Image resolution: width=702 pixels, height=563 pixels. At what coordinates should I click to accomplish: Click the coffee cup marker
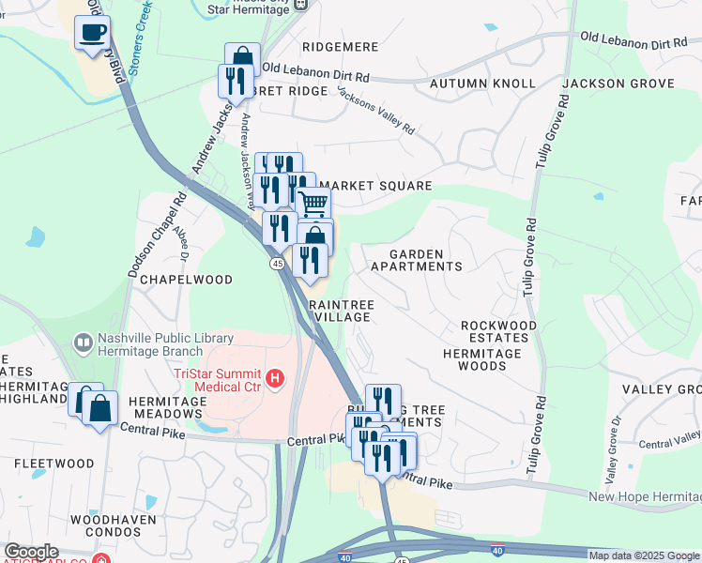click(x=92, y=34)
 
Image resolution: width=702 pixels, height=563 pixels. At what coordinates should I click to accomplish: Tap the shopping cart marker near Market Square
click(x=313, y=203)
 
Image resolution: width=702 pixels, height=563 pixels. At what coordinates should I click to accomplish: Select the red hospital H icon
click(x=275, y=379)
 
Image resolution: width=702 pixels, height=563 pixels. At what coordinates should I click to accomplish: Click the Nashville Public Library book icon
click(x=84, y=343)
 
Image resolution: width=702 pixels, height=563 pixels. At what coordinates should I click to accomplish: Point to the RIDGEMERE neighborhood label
click(x=340, y=46)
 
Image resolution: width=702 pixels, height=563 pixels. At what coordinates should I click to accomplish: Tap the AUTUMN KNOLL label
click(x=482, y=84)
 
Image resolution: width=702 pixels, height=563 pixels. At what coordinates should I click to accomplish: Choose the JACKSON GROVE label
click(x=618, y=84)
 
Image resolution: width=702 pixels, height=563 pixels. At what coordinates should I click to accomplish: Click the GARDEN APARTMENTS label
click(x=416, y=260)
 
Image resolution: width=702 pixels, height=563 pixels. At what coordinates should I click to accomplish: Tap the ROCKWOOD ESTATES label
click(x=498, y=331)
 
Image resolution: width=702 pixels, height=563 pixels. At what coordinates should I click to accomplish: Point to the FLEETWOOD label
click(x=53, y=464)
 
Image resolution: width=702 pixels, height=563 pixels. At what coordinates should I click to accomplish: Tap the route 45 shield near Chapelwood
click(x=278, y=265)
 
